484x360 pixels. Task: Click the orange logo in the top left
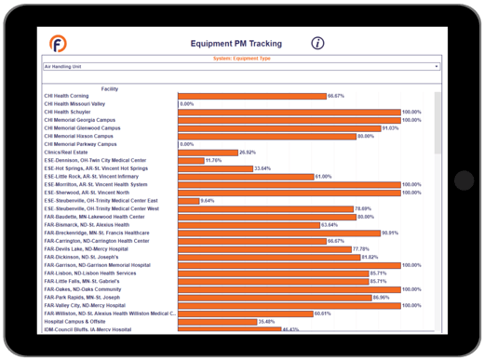click(57, 44)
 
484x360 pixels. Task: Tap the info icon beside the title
click(317, 43)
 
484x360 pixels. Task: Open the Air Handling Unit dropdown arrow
click(437, 67)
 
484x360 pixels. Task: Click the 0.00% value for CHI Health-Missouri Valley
click(186, 103)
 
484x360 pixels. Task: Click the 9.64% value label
click(208, 200)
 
